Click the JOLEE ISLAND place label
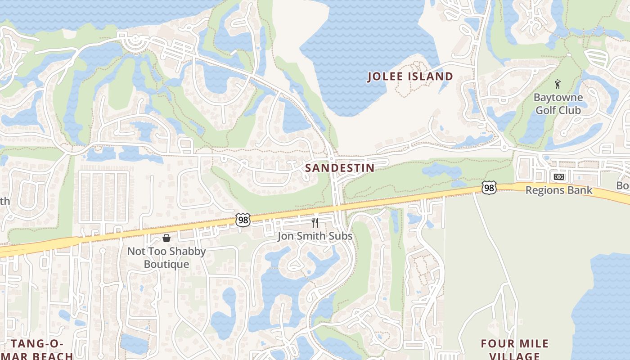click(410, 76)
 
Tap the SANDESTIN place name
click(340, 168)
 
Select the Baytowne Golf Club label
click(558, 103)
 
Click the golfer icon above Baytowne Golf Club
click(558, 84)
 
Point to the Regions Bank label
click(559, 190)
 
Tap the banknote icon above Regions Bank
click(558, 177)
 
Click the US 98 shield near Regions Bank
click(489, 188)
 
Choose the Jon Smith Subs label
click(315, 236)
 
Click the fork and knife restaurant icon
click(315, 222)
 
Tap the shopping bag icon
click(166, 238)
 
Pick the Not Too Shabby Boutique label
click(166, 257)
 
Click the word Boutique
click(166, 264)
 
